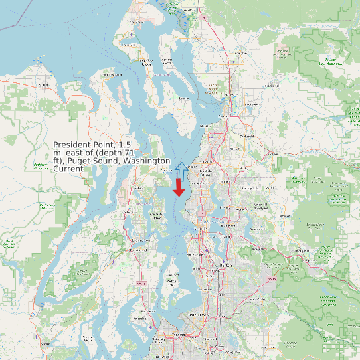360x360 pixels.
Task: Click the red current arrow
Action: click(179, 188)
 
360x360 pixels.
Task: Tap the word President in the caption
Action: click(74, 145)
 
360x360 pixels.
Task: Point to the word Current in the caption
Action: click(68, 169)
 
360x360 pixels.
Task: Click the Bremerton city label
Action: click(140, 240)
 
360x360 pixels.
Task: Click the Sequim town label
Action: click(44, 85)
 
